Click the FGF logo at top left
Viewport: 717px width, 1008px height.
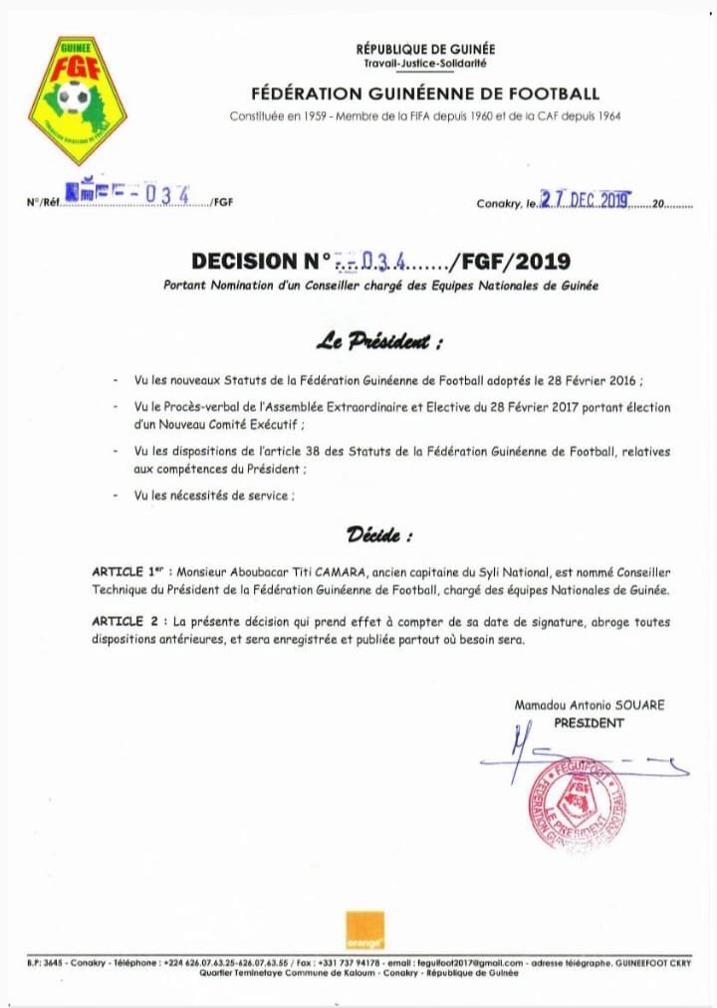pos(77,100)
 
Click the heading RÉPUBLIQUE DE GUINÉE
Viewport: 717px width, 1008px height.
pos(425,50)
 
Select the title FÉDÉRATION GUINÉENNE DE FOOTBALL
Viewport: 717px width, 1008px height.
pos(425,95)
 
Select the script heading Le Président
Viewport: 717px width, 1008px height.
pos(379,342)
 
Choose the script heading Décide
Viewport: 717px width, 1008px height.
pos(379,535)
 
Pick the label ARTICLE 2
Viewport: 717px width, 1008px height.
pos(123,622)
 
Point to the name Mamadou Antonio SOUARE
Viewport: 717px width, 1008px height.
pos(589,705)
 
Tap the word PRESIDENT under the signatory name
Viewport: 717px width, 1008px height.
pos(589,722)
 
